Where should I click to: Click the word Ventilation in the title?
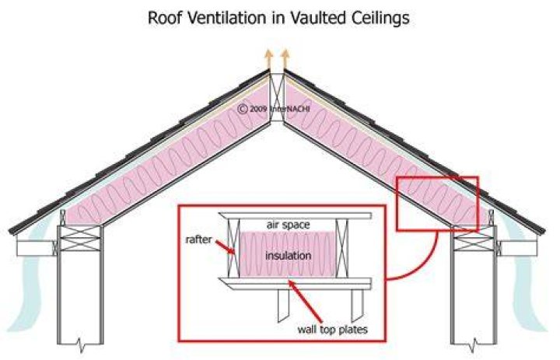[x=227, y=18]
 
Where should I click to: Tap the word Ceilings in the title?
[x=380, y=19]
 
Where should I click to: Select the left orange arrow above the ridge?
[x=268, y=60]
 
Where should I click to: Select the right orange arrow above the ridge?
[x=285, y=60]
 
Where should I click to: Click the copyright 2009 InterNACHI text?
[x=274, y=109]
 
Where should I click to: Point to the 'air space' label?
[x=289, y=225]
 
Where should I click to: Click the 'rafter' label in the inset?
[x=198, y=239]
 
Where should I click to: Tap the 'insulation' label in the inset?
[x=288, y=255]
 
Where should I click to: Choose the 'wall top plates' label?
[x=332, y=329]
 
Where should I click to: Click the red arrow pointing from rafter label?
[x=225, y=247]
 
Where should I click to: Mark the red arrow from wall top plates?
[x=306, y=301]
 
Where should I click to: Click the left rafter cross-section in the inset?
[x=233, y=248]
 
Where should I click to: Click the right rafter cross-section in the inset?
[x=342, y=248]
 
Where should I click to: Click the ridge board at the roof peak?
[x=277, y=97]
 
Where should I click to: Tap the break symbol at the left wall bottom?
[x=81, y=346]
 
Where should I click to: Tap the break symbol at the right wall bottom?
[x=474, y=346]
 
